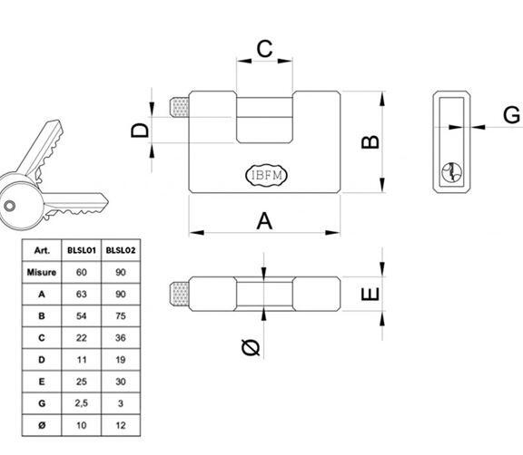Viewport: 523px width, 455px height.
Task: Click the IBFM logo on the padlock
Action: [x=266, y=175]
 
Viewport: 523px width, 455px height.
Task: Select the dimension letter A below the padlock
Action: [x=264, y=221]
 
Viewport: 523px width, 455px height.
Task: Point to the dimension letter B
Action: [x=370, y=141]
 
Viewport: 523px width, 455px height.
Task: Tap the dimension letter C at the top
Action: [x=264, y=49]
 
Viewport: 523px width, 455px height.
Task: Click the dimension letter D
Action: [x=140, y=131]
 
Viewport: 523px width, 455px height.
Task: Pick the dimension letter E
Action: [x=370, y=295]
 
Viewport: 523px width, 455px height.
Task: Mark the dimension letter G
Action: [x=511, y=115]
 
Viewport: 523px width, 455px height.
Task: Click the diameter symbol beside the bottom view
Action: [x=251, y=347]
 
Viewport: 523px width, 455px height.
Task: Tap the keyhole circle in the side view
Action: [x=451, y=172]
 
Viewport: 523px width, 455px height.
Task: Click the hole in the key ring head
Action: [x=9, y=206]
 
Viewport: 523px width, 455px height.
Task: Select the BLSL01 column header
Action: [x=82, y=250]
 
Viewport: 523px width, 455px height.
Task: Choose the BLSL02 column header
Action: [x=121, y=250]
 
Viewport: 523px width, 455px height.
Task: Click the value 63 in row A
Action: [x=82, y=295]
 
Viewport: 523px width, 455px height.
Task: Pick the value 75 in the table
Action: [x=121, y=315]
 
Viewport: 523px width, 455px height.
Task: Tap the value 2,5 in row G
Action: [x=82, y=403]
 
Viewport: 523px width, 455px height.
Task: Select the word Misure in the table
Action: [x=42, y=272]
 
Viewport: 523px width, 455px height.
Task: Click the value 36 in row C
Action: [x=121, y=338]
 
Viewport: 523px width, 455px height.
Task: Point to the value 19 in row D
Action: [x=121, y=360]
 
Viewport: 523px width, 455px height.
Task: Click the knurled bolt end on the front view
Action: [x=179, y=107]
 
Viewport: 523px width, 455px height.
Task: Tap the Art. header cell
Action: [x=42, y=250]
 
